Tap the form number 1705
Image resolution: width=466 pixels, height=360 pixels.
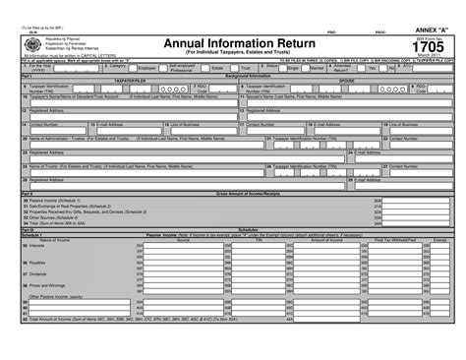pos(426,45)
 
